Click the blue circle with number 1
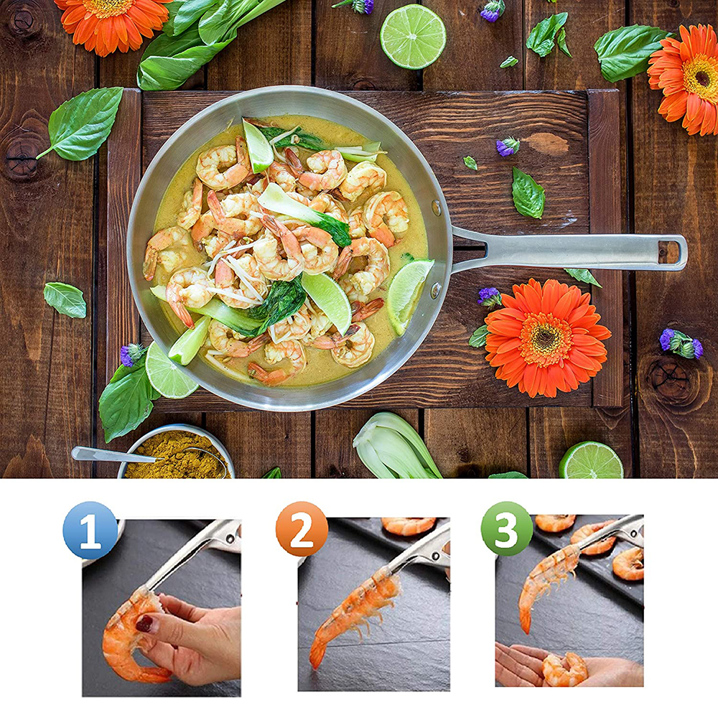[x=90, y=531]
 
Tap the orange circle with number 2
[x=302, y=529]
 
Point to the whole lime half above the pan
[x=413, y=37]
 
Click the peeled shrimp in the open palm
[x=564, y=668]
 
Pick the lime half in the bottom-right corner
[x=591, y=461]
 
